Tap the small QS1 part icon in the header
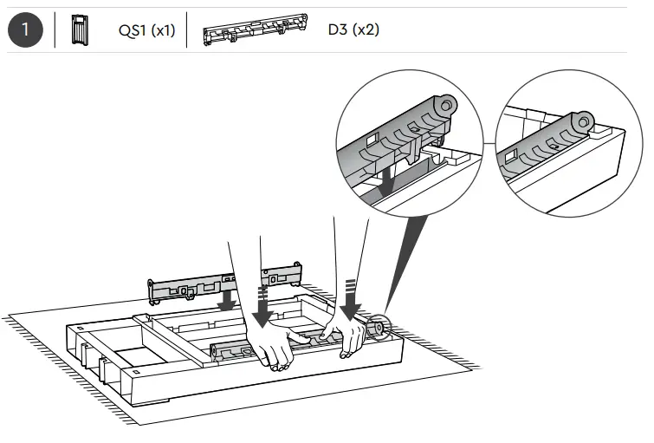(x=78, y=29)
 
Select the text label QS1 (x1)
(x=146, y=30)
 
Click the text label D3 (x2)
(x=353, y=30)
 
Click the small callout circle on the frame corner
(x=378, y=328)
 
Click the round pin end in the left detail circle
(x=444, y=105)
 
